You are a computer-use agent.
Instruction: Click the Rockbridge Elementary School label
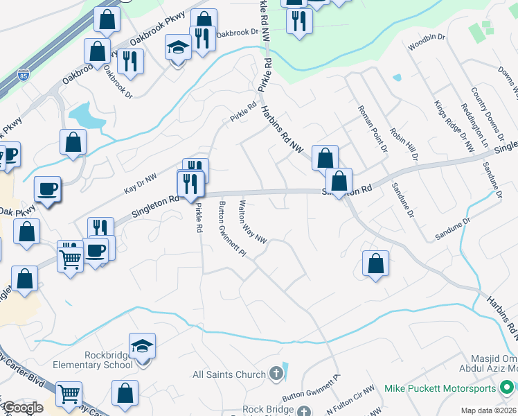pyautogui.click(x=109, y=360)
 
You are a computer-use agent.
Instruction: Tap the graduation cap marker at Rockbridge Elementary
pyautogui.click(x=142, y=346)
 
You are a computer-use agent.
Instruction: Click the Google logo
pyautogui.click(x=23, y=408)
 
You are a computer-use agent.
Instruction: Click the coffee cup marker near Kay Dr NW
pyautogui.click(x=47, y=189)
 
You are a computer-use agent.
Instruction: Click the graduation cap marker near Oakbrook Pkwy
pyautogui.click(x=178, y=48)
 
